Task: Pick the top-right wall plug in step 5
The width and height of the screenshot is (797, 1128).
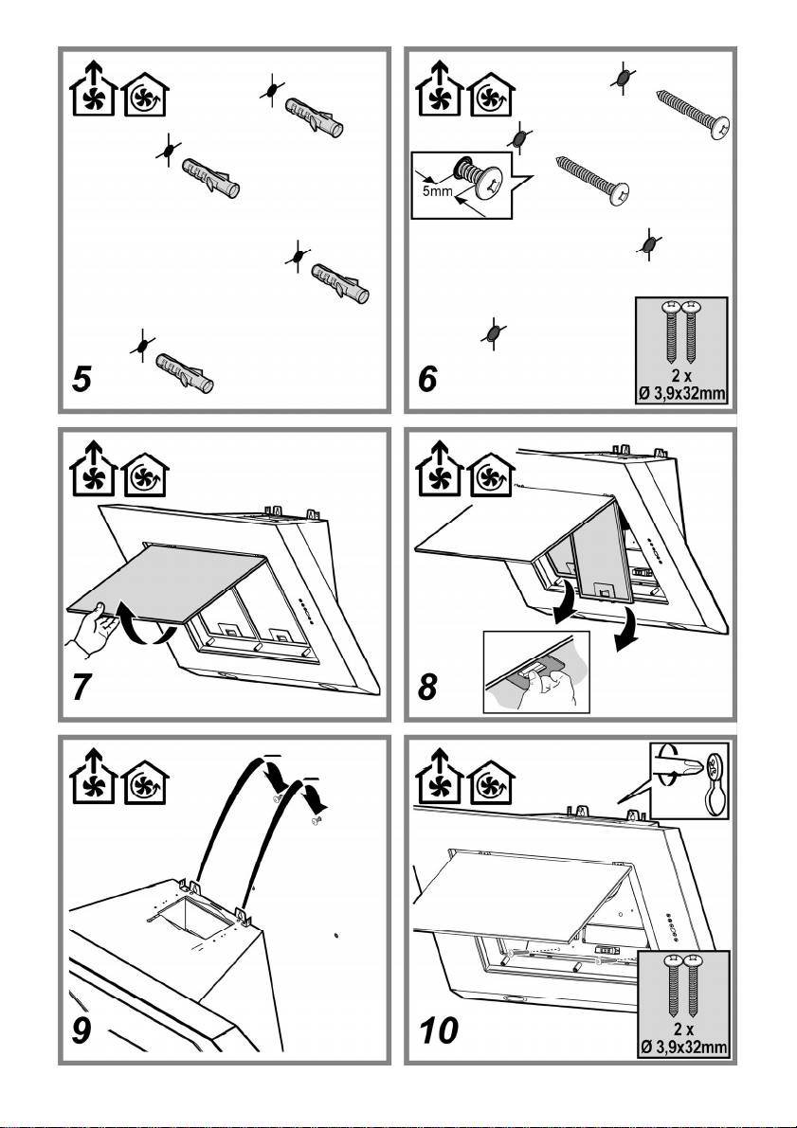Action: tap(313, 115)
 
